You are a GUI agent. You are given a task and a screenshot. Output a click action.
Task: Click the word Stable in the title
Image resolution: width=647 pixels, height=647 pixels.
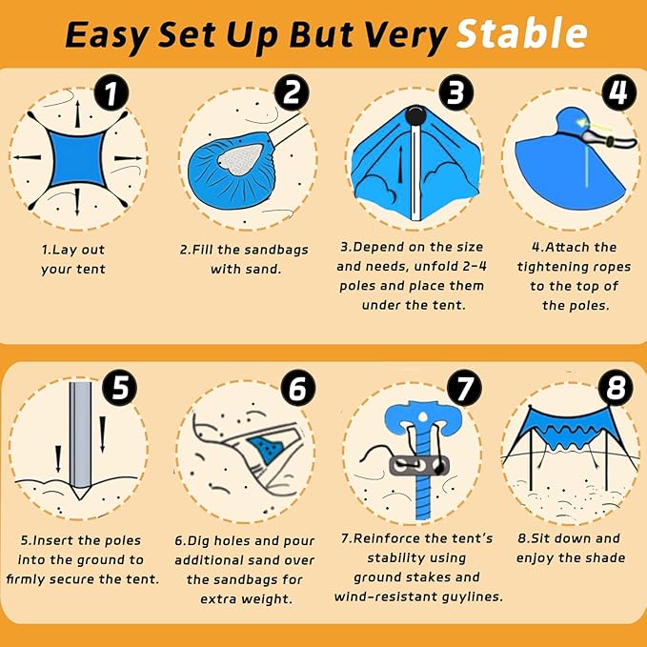[x=520, y=34]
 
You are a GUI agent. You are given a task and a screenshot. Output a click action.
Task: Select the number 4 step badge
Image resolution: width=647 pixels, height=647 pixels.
[x=618, y=93]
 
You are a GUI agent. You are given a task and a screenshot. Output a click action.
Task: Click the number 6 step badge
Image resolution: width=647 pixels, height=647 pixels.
[x=297, y=390]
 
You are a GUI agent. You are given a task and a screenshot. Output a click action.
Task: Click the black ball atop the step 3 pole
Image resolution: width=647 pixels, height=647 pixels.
[x=414, y=117]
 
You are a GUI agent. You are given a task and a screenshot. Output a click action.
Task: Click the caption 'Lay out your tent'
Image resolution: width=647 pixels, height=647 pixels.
[x=73, y=258]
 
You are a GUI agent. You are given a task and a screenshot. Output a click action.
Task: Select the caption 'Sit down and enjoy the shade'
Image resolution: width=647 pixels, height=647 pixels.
[x=570, y=547]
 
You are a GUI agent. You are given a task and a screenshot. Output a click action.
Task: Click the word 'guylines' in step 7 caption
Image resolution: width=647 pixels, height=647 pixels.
[x=467, y=596]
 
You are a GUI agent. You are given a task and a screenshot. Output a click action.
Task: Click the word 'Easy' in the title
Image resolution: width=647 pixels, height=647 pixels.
[x=106, y=35]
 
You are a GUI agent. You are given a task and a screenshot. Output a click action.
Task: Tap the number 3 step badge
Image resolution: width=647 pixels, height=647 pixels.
[x=456, y=93]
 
